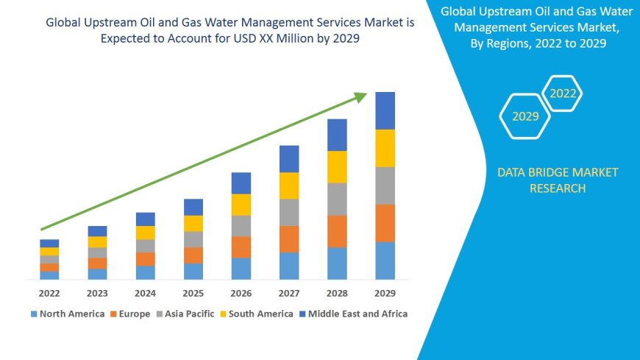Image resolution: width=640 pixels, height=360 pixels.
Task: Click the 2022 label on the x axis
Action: tap(49, 293)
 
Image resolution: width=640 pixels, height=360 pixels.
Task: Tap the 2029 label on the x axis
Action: tap(385, 293)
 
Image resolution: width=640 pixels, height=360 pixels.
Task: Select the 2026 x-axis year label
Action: tap(241, 293)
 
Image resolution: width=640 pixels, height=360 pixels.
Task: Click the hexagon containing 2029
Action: tap(525, 116)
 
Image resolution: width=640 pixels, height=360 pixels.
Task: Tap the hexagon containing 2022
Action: tap(563, 93)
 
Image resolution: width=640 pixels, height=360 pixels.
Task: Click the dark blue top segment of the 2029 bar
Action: tap(385, 110)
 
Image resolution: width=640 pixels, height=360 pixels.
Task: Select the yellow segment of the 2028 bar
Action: tap(337, 166)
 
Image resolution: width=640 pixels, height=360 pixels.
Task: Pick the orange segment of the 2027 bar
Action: tap(289, 239)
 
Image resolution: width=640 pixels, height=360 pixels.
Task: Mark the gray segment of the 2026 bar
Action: tap(241, 225)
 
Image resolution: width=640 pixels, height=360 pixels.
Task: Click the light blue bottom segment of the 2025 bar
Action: tap(193, 271)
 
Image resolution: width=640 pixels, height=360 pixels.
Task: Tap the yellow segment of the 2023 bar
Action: tap(97, 241)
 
